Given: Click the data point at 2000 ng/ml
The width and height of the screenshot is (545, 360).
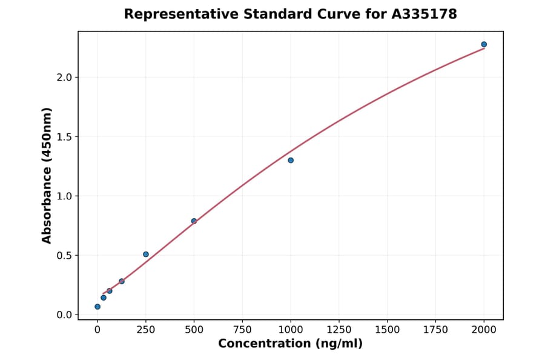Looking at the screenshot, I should [x=484, y=44].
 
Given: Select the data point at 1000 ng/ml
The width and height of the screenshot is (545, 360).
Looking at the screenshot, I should [x=291, y=160].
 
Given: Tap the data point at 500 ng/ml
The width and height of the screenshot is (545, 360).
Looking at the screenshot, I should [x=194, y=221].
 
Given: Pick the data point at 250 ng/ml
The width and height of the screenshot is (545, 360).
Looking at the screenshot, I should [x=146, y=254].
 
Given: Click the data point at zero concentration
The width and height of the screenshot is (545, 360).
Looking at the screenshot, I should [x=97, y=307].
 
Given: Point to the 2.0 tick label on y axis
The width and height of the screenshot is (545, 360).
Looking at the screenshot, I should [x=64, y=78].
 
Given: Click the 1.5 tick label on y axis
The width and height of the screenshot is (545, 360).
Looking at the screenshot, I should [x=64, y=137].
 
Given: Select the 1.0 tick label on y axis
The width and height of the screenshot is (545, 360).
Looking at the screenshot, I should [x=64, y=196].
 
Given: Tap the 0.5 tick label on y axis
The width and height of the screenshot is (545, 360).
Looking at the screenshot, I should [x=64, y=256].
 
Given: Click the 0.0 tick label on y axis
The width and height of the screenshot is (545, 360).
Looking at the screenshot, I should [x=64, y=315].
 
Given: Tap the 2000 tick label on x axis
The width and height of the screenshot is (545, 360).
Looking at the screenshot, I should [x=484, y=330].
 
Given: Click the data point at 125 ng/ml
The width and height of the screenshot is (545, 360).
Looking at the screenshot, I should [x=122, y=281].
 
